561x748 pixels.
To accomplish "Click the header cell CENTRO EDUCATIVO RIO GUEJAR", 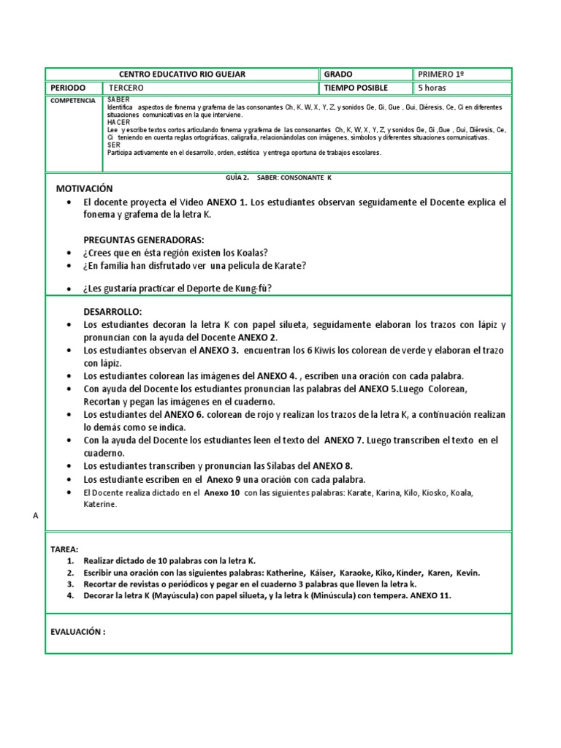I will tap(182, 75).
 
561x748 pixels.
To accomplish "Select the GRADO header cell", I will tap(337, 75).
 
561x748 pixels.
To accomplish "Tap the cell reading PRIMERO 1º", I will tap(441, 75).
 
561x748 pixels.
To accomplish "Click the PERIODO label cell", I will tap(68, 88).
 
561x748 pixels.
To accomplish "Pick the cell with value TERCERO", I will tap(137, 88).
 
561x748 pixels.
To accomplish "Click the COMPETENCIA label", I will tap(72, 100).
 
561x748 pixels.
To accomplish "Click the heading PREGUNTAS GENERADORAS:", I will tap(143, 240).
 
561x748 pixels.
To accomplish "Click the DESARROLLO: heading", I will tap(111, 310).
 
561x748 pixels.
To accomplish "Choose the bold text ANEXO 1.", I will tap(227, 202).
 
